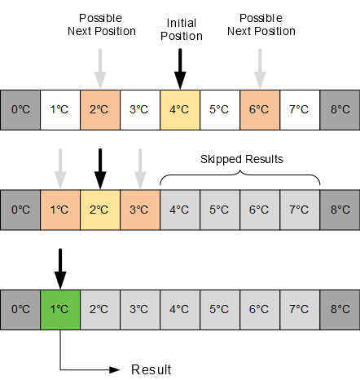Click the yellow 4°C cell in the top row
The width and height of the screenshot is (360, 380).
pyautogui.click(x=180, y=109)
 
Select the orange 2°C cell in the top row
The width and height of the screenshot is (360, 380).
pyautogui.click(x=100, y=109)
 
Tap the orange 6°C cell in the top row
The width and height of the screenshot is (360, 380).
pyautogui.click(x=260, y=109)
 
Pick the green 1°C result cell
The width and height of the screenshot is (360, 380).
pyautogui.click(x=60, y=309)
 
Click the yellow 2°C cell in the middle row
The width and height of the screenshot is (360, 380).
pyautogui.click(x=100, y=210)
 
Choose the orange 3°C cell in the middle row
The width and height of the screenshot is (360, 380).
pyautogui.click(x=140, y=210)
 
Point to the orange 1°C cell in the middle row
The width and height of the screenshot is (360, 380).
pyautogui.click(x=60, y=210)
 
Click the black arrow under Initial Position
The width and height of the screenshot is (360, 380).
pyautogui.click(x=180, y=68)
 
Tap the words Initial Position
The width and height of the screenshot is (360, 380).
pyautogui.click(x=180, y=31)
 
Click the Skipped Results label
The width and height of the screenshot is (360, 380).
pyautogui.click(x=241, y=159)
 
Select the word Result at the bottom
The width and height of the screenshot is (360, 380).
pyautogui.click(x=151, y=370)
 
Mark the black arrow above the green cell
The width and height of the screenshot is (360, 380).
pyautogui.click(x=60, y=267)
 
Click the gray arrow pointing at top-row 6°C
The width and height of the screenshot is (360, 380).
pyautogui.click(x=260, y=68)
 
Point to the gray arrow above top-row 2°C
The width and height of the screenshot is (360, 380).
pyautogui.click(x=100, y=68)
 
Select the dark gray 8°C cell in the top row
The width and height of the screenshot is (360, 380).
pyautogui.click(x=340, y=109)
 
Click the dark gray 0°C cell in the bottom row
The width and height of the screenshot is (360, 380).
pyautogui.click(x=20, y=309)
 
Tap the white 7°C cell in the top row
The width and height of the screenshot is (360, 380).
pyautogui.click(x=300, y=109)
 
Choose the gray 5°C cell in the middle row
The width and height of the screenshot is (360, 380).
pyautogui.click(x=220, y=210)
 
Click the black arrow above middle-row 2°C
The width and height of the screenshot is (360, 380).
pyautogui.click(x=100, y=167)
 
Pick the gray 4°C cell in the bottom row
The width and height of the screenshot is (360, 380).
pyautogui.click(x=180, y=309)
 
